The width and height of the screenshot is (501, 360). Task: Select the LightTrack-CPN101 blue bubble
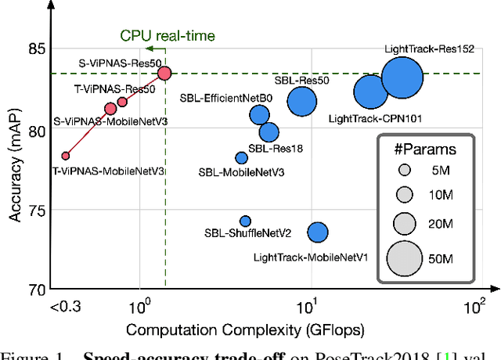click(370, 92)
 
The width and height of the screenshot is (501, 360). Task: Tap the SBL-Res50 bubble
click(301, 101)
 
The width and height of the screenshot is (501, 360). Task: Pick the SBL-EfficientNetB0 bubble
click(260, 115)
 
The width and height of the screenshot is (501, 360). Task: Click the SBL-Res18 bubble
click(269, 132)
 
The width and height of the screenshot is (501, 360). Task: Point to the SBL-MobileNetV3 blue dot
click(241, 158)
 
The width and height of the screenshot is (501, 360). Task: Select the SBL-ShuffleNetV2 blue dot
click(245, 221)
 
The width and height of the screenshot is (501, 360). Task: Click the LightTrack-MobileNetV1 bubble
click(317, 232)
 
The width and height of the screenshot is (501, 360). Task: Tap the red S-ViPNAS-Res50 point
click(164, 73)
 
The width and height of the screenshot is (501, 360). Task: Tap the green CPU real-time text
click(167, 35)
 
